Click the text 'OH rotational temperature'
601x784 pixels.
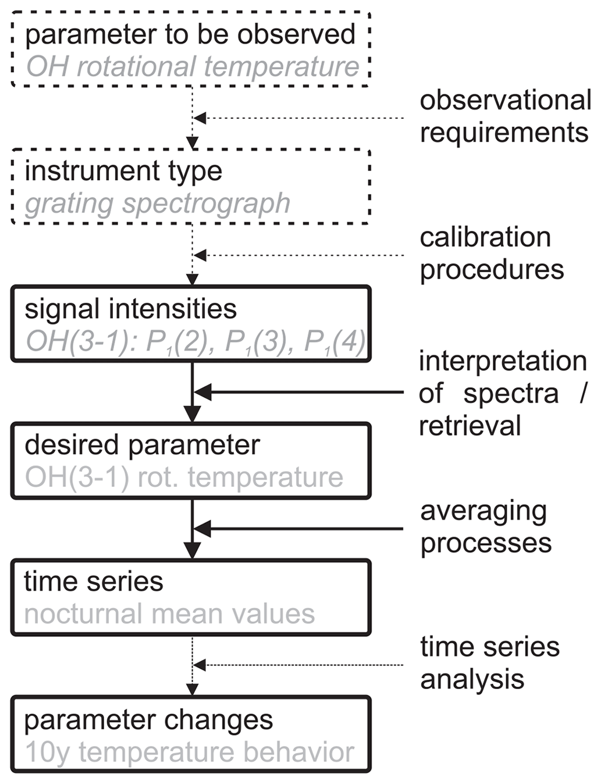(x=192, y=66)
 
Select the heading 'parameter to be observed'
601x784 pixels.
(x=190, y=34)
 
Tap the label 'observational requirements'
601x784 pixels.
(x=504, y=116)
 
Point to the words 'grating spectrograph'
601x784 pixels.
(x=157, y=203)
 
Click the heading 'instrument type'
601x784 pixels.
(x=123, y=171)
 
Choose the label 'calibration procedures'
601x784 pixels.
(x=491, y=253)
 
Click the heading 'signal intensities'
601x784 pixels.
(x=130, y=309)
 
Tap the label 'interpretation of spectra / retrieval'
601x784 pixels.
(x=503, y=393)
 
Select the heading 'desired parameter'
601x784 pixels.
(x=142, y=445)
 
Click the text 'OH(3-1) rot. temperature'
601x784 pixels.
(x=184, y=477)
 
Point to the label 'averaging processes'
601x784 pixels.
(x=485, y=527)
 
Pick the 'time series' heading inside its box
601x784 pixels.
(x=94, y=581)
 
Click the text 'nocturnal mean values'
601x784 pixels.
(x=169, y=614)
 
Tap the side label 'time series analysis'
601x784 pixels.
(x=489, y=663)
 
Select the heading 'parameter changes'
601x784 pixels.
(x=148, y=720)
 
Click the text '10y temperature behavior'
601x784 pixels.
(x=190, y=752)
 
